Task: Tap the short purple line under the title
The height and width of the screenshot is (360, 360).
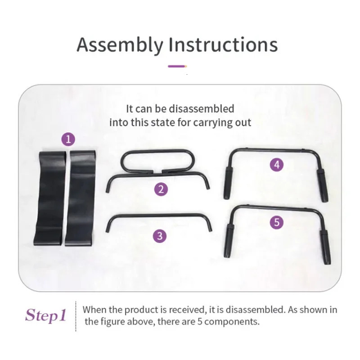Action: click(x=177, y=66)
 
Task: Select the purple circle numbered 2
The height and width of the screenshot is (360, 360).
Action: click(x=161, y=189)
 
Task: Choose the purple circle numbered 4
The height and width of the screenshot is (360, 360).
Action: click(x=277, y=165)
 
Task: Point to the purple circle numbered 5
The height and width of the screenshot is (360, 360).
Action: click(x=277, y=222)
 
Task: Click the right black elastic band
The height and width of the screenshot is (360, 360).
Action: click(x=81, y=198)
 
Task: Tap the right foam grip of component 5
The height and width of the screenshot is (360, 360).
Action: click(x=325, y=246)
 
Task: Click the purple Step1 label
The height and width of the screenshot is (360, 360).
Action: click(x=45, y=315)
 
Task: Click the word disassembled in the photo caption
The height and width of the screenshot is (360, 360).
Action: click(x=205, y=109)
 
